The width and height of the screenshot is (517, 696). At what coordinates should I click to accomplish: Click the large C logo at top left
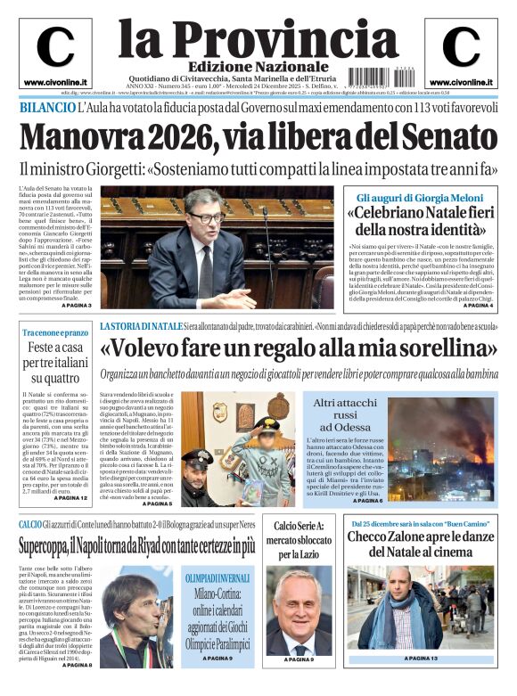pos(55,47)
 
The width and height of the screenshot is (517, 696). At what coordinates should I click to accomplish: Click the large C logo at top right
pos(461,47)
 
